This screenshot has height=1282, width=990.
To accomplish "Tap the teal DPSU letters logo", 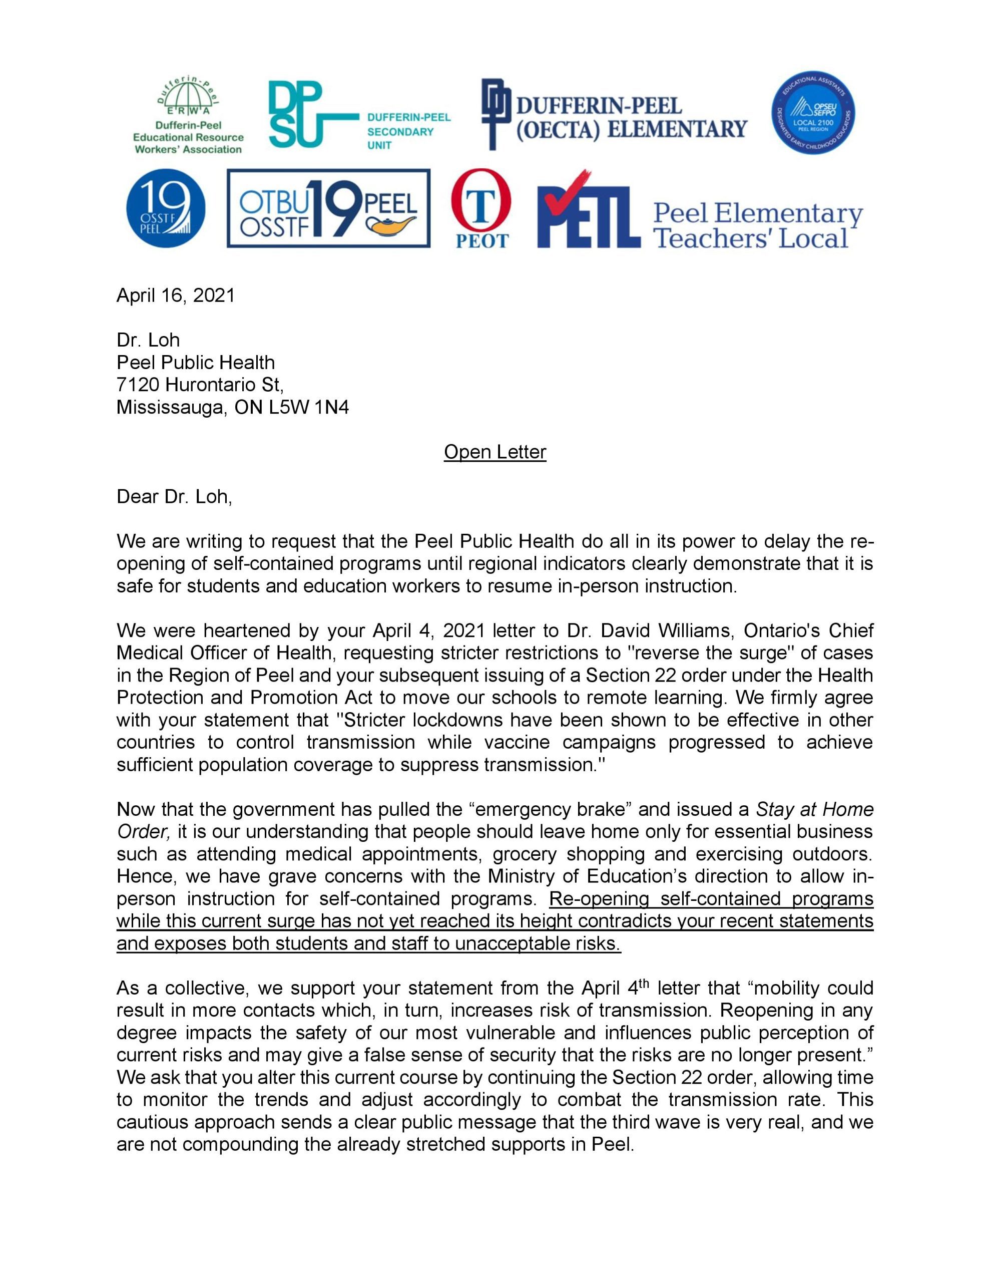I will [296, 115].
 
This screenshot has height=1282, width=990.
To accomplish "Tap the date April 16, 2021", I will [176, 295].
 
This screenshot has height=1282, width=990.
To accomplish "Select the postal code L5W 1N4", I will [309, 407].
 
